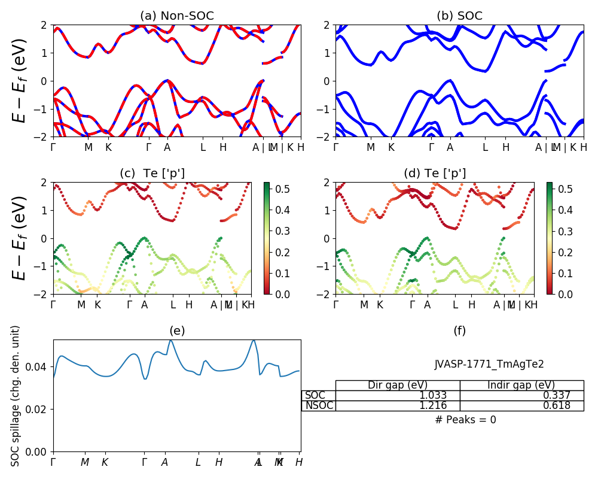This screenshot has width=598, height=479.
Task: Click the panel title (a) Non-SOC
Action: pyautogui.click(x=177, y=16)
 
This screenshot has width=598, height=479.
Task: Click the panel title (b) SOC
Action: pyautogui.click(x=459, y=16)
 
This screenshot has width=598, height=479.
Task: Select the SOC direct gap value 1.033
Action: pyautogui.click(x=442, y=396)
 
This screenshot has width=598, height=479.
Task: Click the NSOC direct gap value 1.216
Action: pyautogui.click(x=442, y=406)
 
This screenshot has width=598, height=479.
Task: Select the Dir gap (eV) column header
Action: pyautogui.click(x=398, y=385)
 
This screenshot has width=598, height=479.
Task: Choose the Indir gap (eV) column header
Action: pyautogui.click(x=521, y=385)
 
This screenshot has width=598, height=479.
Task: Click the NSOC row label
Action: pyautogui.click(x=319, y=406)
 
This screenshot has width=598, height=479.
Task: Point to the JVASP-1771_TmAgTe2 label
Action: pyautogui.click(x=489, y=364)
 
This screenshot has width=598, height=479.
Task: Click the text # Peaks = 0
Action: pyautogui.click(x=466, y=420)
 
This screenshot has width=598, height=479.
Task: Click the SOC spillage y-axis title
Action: pyautogui.click(x=16, y=395)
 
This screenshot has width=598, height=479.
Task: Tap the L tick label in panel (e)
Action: pyautogui.click(x=198, y=462)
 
